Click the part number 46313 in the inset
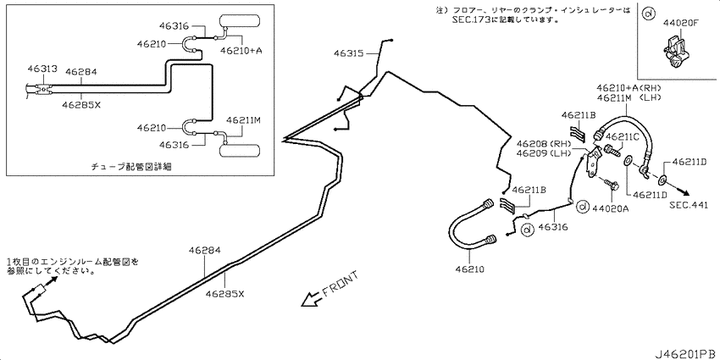pyautogui.click(x=42, y=69)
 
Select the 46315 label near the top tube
pyautogui.click(x=349, y=53)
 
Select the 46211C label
pyautogui.click(x=623, y=136)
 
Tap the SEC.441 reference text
pyautogui.click(x=689, y=205)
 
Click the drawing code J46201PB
pyautogui.click(x=684, y=353)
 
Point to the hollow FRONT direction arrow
pyautogui.click(x=312, y=298)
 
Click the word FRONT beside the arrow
pyautogui.click(x=340, y=284)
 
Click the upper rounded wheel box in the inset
pyautogui.click(x=239, y=20)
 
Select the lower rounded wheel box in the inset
pyautogui.click(x=241, y=151)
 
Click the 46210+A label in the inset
pyautogui.click(x=241, y=51)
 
